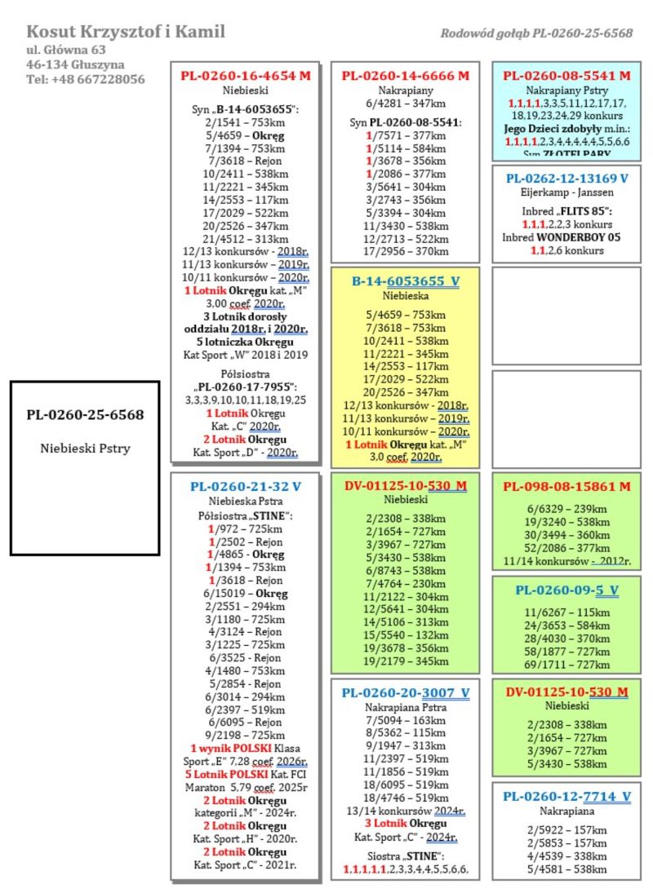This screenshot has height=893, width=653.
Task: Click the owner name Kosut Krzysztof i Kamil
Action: (x=126, y=32)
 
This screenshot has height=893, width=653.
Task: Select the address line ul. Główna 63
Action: (x=66, y=50)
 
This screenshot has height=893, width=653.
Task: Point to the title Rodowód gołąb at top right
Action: (x=536, y=33)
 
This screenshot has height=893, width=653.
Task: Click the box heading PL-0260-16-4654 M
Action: (x=246, y=76)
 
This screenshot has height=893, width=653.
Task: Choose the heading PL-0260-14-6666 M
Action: (x=406, y=76)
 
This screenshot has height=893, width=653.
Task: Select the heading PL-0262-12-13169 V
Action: (x=566, y=178)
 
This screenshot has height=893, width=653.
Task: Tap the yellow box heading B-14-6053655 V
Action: (x=406, y=281)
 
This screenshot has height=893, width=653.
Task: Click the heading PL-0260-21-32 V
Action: (x=246, y=486)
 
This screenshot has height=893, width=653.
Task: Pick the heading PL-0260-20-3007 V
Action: (x=406, y=693)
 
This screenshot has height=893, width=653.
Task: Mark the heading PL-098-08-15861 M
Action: (x=566, y=487)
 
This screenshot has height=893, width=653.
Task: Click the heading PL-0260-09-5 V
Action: (x=566, y=590)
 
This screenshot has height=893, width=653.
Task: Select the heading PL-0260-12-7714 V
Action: (x=566, y=796)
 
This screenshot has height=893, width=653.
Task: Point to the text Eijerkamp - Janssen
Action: (x=566, y=193)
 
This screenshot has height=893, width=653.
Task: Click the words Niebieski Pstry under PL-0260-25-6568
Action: (x=85, y=448)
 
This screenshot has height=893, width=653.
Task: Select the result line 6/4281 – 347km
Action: (x=406, y=105)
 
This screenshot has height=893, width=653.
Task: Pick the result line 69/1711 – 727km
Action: (x=566, y=665)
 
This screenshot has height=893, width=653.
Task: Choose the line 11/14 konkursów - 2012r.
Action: (x=566, y=561)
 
